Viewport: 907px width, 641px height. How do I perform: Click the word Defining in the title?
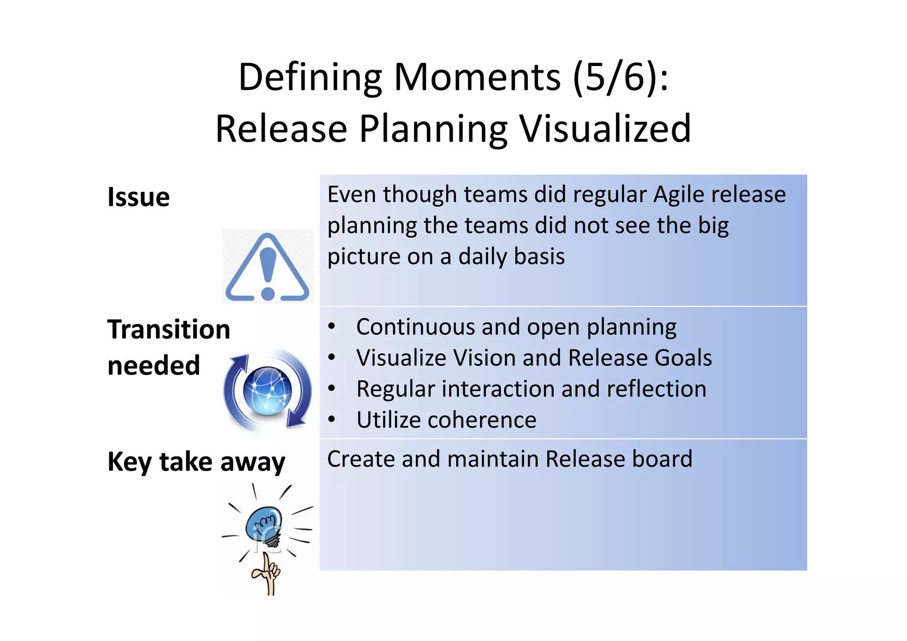310,78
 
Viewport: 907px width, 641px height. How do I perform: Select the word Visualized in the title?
605,129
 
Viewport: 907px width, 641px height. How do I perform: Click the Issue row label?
139,197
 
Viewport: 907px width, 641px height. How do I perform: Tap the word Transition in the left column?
169,330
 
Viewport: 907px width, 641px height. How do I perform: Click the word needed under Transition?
154,366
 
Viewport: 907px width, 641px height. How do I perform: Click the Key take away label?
196,462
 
